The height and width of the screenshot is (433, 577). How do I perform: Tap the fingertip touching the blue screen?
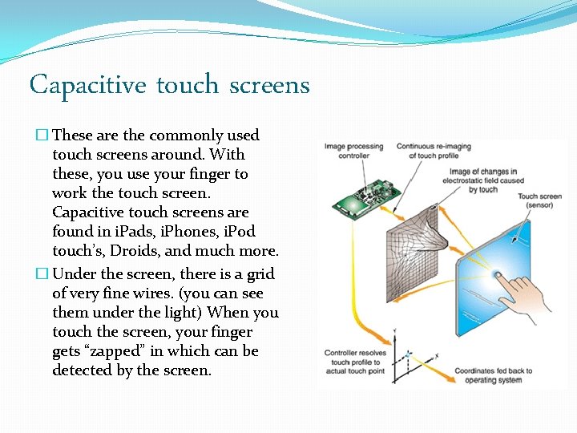tap(498, 276)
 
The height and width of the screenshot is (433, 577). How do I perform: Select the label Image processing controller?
tap(353, 152)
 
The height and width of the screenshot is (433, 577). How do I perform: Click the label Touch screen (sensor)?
tap(539, 200)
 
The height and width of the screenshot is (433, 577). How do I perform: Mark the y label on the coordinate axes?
tap(395, 331)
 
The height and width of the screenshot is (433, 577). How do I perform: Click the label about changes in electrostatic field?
tap(483, 180)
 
